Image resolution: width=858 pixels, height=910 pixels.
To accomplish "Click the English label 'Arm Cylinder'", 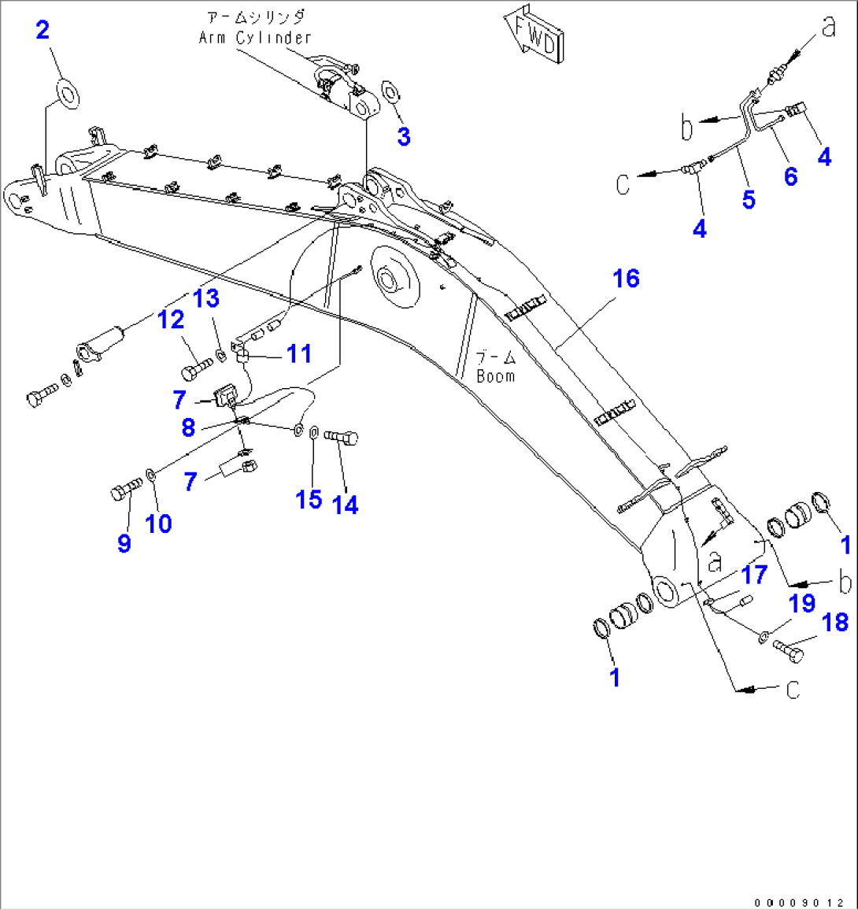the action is (255, 38).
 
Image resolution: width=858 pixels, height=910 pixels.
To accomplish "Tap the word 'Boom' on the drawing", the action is (496, 376).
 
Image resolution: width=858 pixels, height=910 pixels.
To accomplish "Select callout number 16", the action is (626, 279).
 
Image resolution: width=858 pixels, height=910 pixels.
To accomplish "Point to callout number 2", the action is (43, 30).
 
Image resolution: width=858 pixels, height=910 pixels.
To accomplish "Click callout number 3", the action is (404, 137).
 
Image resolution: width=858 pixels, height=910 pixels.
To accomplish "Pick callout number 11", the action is (299, 353).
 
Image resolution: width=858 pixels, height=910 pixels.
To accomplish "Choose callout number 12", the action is (171, 320).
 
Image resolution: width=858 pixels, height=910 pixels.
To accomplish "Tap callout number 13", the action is (206, 298).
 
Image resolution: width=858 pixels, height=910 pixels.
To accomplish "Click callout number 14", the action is (346, 505).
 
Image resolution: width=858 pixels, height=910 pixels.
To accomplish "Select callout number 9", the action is (124, 543).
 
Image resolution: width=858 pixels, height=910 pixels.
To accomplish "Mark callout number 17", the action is (755, 575).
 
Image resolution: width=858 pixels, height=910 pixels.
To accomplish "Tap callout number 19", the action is (802, 604).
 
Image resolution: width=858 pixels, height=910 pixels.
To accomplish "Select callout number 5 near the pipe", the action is (749, 200).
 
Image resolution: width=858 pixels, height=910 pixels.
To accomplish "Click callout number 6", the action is (790, 176).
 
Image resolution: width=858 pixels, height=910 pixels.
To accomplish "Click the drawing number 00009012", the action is (800, 903).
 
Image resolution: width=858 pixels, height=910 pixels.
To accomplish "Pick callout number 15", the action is (309, 500).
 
